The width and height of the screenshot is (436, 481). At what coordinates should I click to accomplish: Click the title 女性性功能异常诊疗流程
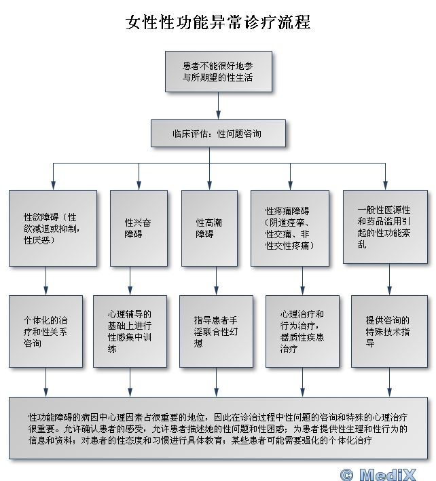(x=218, y=22)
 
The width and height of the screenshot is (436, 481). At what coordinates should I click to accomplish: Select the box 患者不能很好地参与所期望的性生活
(x=219, y=71)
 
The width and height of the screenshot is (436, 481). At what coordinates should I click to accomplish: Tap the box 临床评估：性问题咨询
(x=218, y=134)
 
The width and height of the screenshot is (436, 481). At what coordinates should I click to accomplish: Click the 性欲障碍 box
(x=53, y=228)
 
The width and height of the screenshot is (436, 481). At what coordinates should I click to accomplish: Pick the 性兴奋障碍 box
(x=139, y=228)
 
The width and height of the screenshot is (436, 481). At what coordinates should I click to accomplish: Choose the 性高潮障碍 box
(x=209, y=228)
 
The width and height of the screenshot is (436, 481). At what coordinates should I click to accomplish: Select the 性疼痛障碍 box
(x=290, y=228)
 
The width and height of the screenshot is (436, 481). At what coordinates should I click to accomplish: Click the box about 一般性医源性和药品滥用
(x=385, y=227)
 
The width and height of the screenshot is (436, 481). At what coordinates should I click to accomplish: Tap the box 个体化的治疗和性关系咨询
(x=46, y=331)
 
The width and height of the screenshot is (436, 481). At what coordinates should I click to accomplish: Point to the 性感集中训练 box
(x=130, y=331)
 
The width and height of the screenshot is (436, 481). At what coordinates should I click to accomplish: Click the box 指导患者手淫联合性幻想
(x=217, y=331)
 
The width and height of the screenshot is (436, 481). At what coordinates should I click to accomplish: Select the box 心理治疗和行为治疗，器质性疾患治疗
(x=302, y=331)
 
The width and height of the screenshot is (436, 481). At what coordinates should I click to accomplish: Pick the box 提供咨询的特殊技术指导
(x=389, y=331)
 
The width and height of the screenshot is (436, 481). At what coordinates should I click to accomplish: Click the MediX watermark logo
(x=388, y=474)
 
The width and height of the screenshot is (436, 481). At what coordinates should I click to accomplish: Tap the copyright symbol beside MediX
(x=347, y=475)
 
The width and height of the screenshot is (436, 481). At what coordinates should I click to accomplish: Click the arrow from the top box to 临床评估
(x=218, y=106)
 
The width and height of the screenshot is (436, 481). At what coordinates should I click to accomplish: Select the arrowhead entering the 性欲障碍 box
(x=53, y=186)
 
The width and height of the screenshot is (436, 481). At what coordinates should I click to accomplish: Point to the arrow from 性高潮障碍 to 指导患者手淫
(x=217, y=281)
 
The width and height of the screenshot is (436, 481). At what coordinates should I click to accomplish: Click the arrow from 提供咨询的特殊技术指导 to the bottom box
(x=389, y=382)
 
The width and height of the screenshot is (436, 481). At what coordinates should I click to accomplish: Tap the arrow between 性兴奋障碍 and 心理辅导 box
(x=130, y=281)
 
